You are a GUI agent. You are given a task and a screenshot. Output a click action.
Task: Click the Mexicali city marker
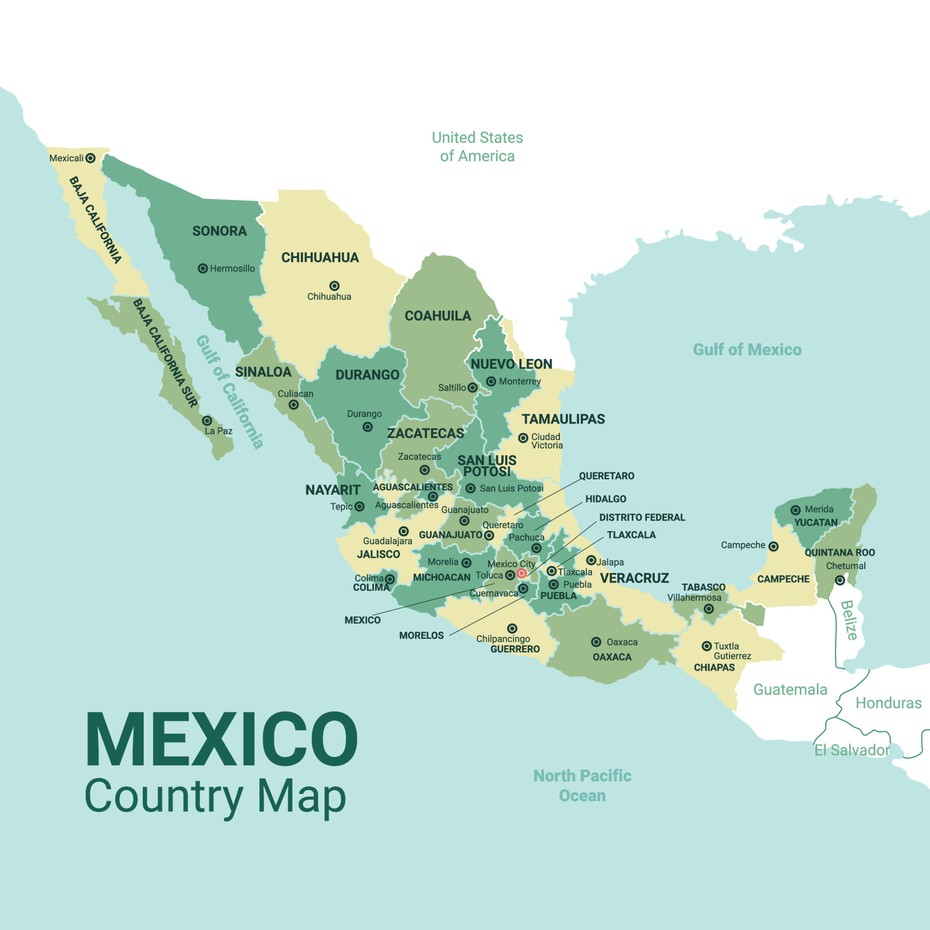(x=90, y=158)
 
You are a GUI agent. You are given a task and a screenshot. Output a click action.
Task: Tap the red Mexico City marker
(x=522, y=573)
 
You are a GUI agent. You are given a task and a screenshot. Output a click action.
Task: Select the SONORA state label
(x=219, y=231)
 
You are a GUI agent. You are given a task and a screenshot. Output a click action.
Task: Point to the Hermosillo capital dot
(x=203, y=268)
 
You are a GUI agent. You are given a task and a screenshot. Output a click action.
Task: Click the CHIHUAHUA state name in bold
(x=320, y=258)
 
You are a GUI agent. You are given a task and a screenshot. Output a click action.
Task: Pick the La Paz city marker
(x=207, y=420)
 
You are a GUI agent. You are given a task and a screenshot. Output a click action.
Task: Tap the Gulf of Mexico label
(x=747, y=350)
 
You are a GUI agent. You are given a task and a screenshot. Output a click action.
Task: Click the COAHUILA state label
(x=438, y=316)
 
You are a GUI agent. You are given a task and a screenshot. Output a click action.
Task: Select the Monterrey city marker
(x=491, y=382)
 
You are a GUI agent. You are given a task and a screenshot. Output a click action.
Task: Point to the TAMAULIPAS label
(x=563, y=419)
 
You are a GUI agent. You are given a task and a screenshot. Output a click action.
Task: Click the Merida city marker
(x=795, y=510)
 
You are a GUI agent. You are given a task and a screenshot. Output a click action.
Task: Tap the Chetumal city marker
(x=840, y=580)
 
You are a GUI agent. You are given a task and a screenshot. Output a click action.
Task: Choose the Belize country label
(x=849, y=620)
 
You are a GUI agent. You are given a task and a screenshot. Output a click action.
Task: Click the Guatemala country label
(x=790, y=689)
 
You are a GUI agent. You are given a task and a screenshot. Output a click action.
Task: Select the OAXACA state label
(x=612, y=657)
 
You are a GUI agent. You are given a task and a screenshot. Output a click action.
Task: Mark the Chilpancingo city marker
(x=512, y=629)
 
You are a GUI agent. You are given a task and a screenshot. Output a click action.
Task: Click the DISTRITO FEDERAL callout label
(x=642, y=517)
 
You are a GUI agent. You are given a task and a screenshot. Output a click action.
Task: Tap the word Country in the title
(x=164, y=796)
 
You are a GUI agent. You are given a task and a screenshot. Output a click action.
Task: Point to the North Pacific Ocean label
(x=582, y=786)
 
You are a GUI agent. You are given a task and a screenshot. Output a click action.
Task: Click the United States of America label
(x=477, y=147)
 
